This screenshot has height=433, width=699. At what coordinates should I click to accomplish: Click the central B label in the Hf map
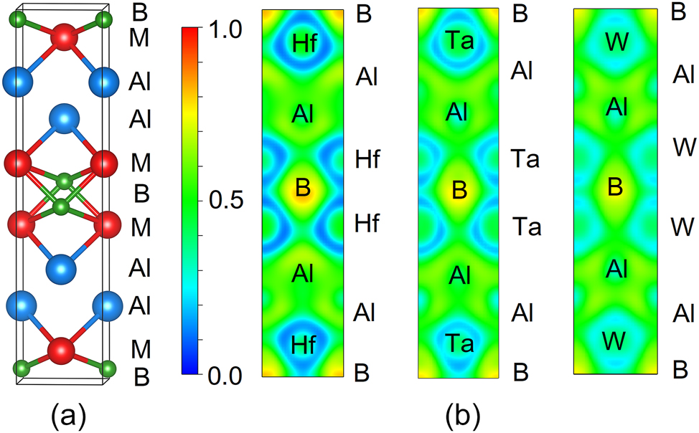tap(302, 189)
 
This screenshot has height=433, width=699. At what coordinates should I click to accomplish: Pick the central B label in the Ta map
tap(459, 190)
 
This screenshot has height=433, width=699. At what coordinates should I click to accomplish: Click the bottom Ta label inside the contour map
tap(459, 343)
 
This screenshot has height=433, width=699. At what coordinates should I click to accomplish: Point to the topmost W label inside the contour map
tap(614, 43)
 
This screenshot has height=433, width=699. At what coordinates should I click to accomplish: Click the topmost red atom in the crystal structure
tap(64, 36)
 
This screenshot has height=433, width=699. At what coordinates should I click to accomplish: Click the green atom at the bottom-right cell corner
tap(108, 369)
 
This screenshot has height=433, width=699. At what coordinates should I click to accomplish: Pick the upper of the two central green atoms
tap(65, 180)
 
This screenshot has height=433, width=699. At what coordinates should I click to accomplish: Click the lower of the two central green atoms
tap(63, 207)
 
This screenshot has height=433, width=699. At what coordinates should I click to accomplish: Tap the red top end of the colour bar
tap(189, 32)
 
